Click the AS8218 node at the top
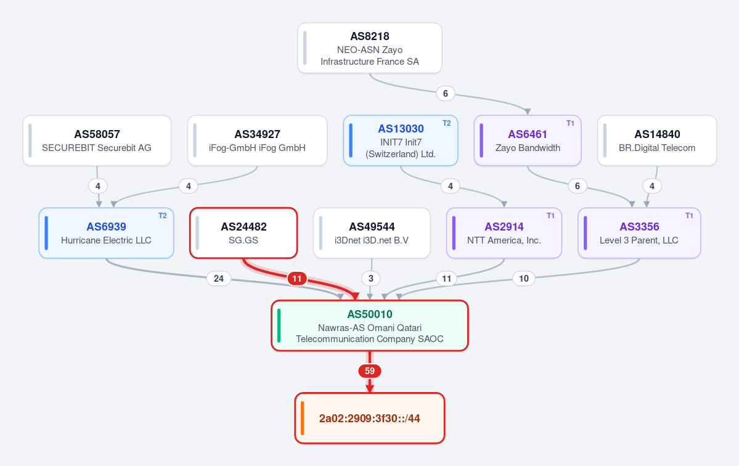(x=370, y=48)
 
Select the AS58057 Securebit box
(x=97, y=141)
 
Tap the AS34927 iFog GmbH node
(x=258, y=141)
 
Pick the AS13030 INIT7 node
(x=401, y=141)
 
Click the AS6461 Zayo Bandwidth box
(x=528, y=141)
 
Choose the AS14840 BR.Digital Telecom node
(x=657, y=141)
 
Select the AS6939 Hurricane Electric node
(x=107, y=233)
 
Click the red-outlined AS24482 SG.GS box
(x=243, y=233)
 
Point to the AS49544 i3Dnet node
(x=372, y=233)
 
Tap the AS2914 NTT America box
(x=504, y=233)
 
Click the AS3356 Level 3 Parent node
(x=639, y=233)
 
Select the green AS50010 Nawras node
(x=370, y=325)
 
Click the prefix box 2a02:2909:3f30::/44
(x=370, y=419)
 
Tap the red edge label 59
(x=370, y=371)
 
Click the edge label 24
(x=219, y=279)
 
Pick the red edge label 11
(x=297, y=279)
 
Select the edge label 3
(x=371, y=279)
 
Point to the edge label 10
(x=524, y=279)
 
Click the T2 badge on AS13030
(x=446, y=123)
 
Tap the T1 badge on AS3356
(x=689, y=216)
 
